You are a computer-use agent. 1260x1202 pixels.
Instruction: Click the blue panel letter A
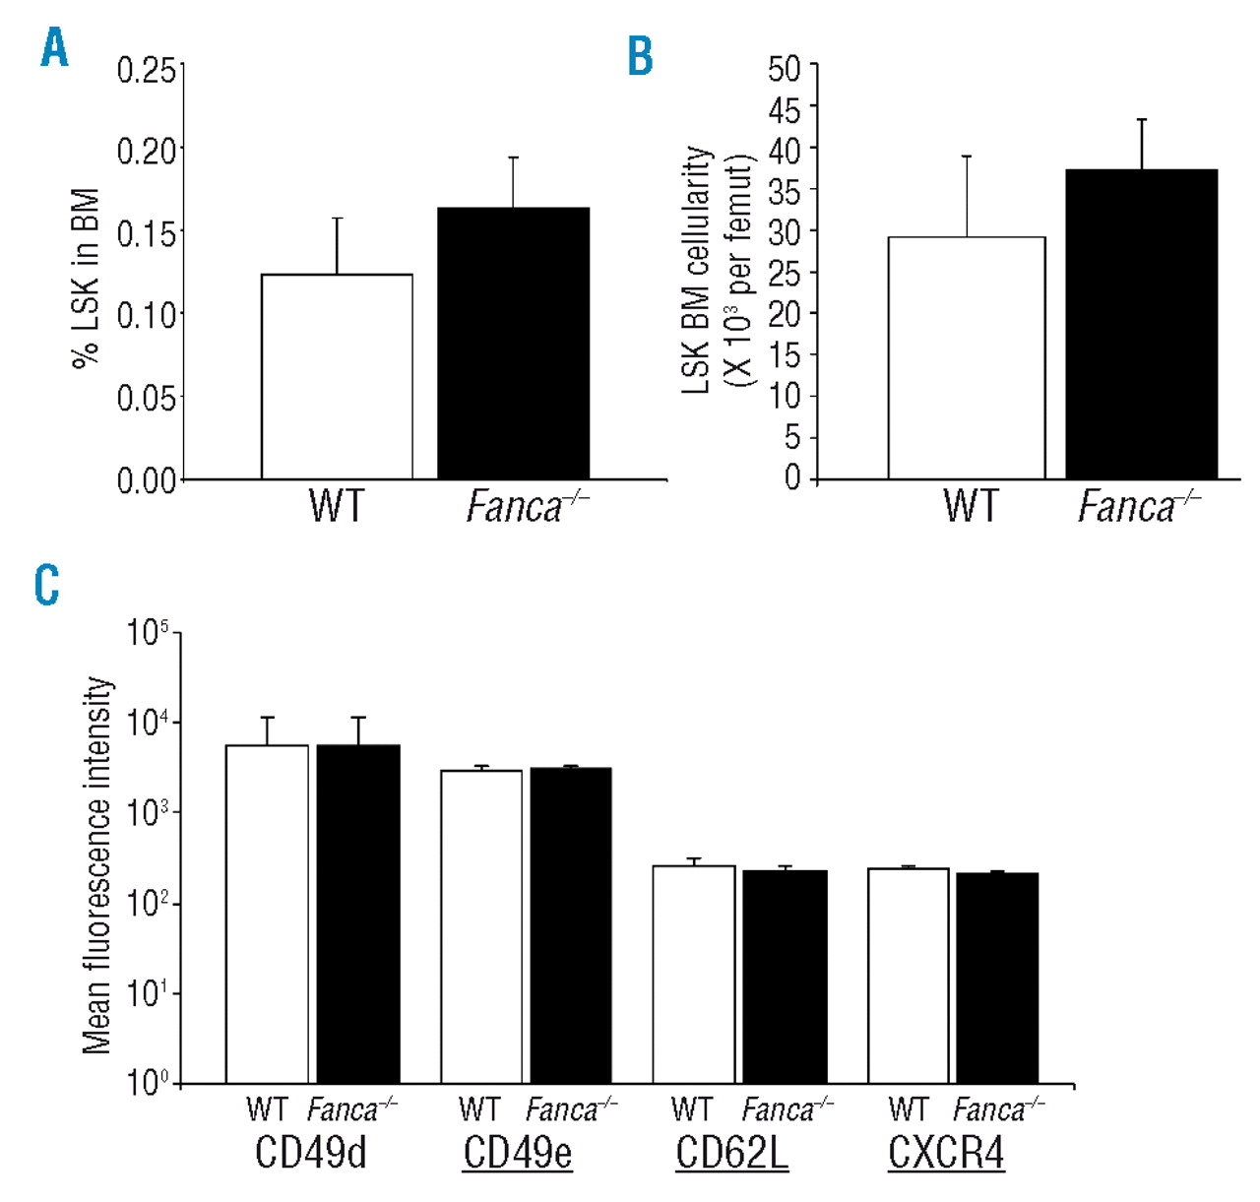(54, 48)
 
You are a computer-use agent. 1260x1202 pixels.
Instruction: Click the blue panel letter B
(640, 56)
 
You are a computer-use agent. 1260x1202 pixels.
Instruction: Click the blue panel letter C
(46, 585)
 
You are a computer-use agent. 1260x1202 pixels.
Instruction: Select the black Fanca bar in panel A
(513, 344)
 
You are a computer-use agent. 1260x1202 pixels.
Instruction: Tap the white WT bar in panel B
(966, 358)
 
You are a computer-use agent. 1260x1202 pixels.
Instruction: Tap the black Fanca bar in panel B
(1141, 325)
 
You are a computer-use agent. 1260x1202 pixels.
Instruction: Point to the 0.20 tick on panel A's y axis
(148, 151)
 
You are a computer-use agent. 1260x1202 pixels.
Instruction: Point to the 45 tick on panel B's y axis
(785, 108)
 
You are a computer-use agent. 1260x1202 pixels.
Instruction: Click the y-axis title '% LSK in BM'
(87, 278)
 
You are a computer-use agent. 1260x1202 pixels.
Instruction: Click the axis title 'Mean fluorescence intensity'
(97, 865)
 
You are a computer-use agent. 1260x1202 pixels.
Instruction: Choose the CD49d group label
(310, 1153)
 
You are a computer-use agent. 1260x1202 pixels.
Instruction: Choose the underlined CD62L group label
(731, 1153)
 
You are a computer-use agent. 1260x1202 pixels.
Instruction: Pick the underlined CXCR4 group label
(945, 1153)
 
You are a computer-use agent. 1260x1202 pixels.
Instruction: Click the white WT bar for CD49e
(481, 926)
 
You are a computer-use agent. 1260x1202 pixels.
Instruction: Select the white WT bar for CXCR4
(908, 976)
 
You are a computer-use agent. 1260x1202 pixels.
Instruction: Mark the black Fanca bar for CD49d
(358, 915)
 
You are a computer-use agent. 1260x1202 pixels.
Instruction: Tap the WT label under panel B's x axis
(970, 506)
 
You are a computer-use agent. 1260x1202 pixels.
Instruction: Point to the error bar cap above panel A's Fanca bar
(513, 158)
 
